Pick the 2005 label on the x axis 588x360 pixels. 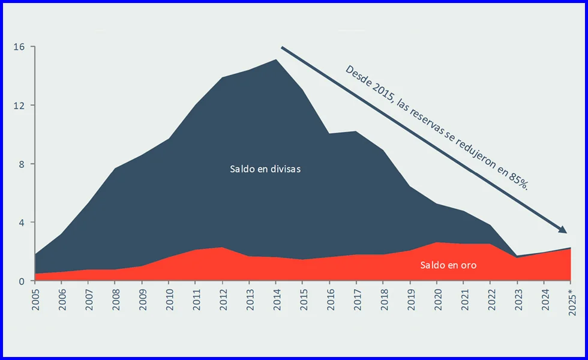click(36, 299)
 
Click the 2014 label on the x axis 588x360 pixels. click(276, 299)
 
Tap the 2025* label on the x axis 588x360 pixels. click(570, 301)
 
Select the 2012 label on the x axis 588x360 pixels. click(223, 299)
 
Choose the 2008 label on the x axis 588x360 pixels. click(116, 299)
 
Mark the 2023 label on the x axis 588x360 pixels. click(517, 299)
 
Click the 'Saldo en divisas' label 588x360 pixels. click(265, 169)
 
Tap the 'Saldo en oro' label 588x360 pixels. click(448, 265)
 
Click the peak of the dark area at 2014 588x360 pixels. click(276, 59)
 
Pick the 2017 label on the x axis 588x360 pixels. click(356, 299)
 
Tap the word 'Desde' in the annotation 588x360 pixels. click(358, 76)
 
